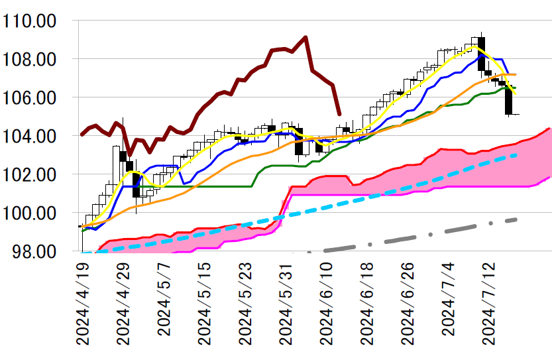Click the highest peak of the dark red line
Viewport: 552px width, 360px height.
pos(305,37)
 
